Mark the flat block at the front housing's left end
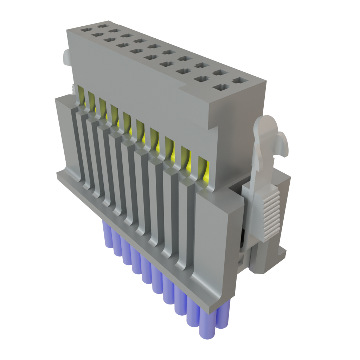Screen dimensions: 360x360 click(63, 134)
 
